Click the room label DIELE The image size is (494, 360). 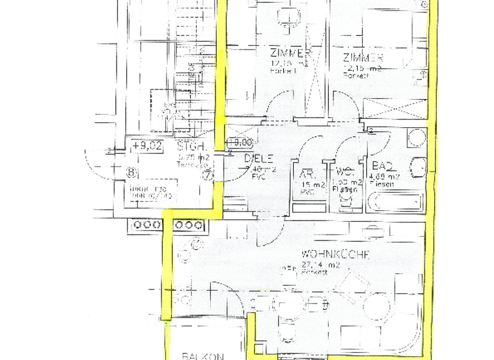pyautogui.click(x=259, y=159)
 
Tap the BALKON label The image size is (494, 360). pyautogui.click(x=203, y=355)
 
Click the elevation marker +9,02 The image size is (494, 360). pyautogui.click(x=147, y=146)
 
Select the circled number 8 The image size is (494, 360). pyautogui.click(x=132, y=172)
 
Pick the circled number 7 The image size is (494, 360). pyautogui.click(x=207, y=174)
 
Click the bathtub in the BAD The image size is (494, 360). pyautogui.click(x=395, y=201)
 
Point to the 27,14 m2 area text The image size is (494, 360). pyautogui.click(x=325, y=264)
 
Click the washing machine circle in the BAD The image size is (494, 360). pyautogui.click(x=416, y=137)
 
